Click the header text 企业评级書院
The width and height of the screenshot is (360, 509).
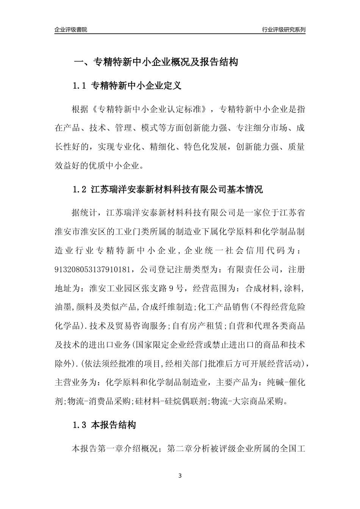(x=71, y=30)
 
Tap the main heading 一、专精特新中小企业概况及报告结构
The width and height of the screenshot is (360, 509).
(x=155, y=62)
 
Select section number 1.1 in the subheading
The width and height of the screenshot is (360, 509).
(x=80, y=86)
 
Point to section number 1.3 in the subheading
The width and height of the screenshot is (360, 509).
(x=80, y=425)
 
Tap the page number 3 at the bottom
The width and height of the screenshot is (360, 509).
(x=180, y=476)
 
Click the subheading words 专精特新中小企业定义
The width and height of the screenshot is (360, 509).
(x=137, y=86)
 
